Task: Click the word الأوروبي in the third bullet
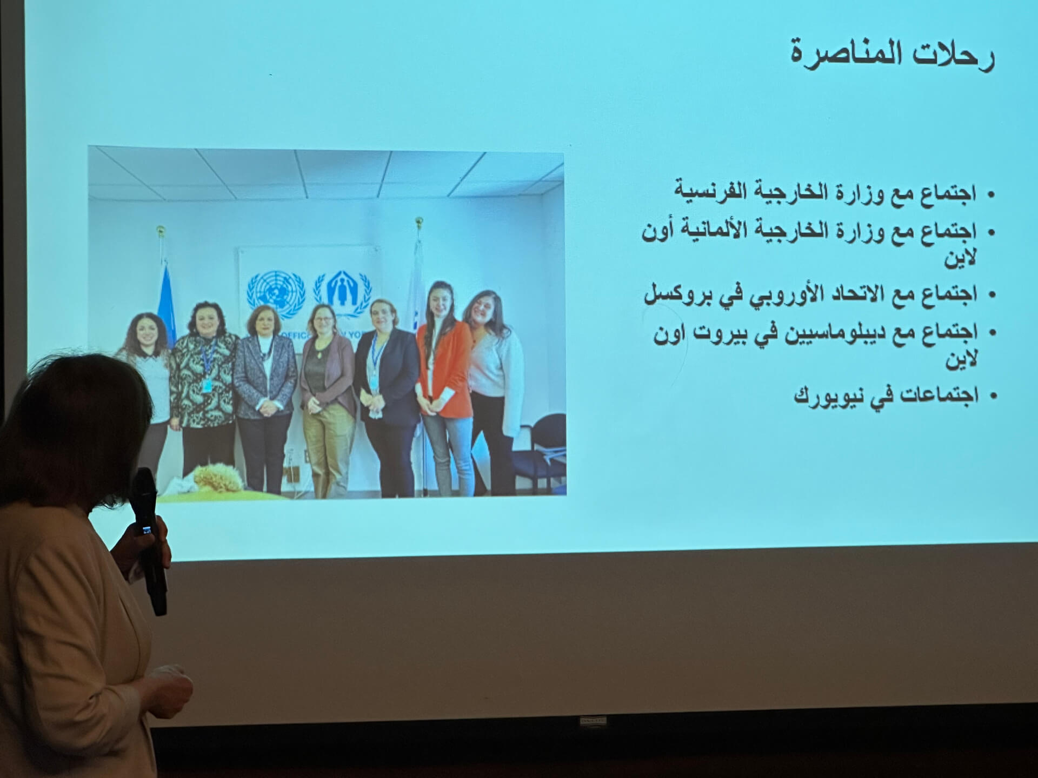pos(778,294)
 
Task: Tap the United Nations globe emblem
pos(276,292)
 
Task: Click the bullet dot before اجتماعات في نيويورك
pos(992,396)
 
